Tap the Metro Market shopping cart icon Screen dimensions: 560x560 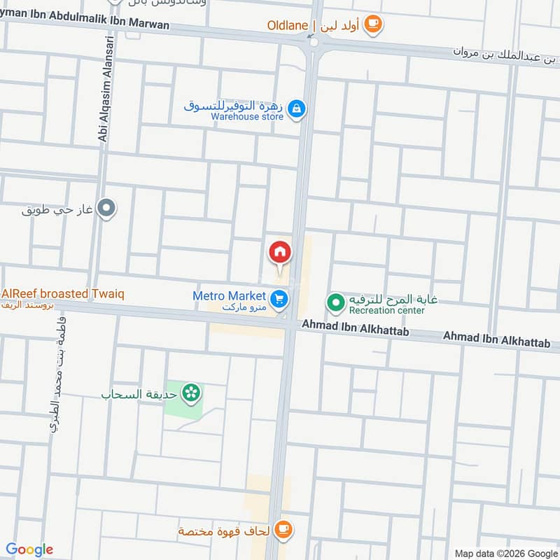[x=279, y=300]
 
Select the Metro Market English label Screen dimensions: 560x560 [x=229, y=296]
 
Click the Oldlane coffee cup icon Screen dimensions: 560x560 [x=373, y=25]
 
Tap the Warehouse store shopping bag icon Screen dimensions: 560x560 [x=297, y=108]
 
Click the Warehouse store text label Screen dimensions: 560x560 [x=247, y=117]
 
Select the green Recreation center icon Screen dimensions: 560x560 [x=335, y=304]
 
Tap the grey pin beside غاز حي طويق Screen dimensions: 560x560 [x=106, y=208]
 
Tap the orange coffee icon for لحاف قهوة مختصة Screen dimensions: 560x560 [x=283, y=530]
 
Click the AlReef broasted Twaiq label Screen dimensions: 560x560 [x=62, y=294]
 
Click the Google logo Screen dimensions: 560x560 [x=29, y=549]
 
